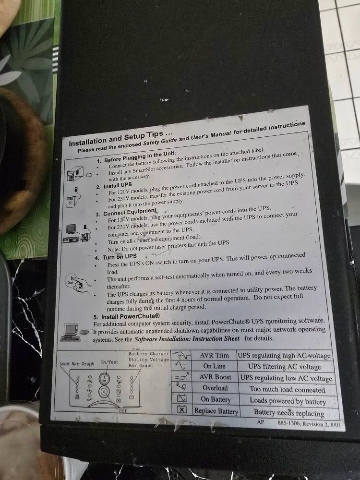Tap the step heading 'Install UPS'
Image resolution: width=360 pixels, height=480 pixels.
pyautogui.click(x=118, y=185)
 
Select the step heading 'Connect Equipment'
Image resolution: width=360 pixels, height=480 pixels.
pyautogui.click(x=130, y=212)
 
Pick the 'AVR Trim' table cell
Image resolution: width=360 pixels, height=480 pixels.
pyautogui.click(x=214, y=355)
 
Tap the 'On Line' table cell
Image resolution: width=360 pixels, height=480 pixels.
pyautogui.click(x=214, y=366)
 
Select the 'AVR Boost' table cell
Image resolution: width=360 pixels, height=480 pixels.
pyautogui.click(x=215, y=377)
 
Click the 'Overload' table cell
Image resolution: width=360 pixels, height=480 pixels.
pyautogui.click(x=215, y=388)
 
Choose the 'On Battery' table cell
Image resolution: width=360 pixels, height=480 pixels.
pyautogui.click(x=216, y=399)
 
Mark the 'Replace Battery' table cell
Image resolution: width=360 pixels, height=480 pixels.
pyautogui.click(x=216, y=411)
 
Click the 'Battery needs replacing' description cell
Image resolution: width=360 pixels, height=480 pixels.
pyautogui.click(x=289, y=413)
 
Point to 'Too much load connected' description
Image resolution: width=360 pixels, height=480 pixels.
pyautogui.click(x=287, y=390)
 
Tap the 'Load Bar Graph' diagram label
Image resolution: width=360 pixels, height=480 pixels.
pyautogui.click(x=76, y=364)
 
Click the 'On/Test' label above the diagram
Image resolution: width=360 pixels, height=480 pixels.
pyautogui.click(x=109, y=362)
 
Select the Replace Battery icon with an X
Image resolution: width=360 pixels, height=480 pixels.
pyautogui.click(x=182, y=409)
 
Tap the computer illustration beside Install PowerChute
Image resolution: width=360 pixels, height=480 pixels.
pyautogui.click(x=71, y=332)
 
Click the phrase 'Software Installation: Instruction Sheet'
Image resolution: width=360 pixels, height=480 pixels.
pyautogui.click(x=187, y=339)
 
